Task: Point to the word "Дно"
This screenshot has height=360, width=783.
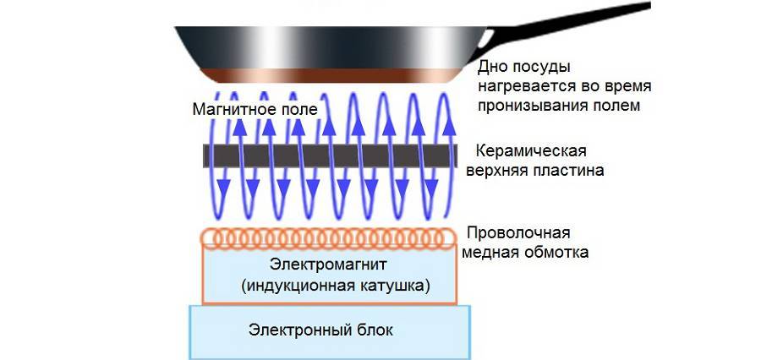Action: pos(492,67)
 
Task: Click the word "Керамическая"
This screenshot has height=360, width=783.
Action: pos(532,152)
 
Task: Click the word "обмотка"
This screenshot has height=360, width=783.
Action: pos(559,252)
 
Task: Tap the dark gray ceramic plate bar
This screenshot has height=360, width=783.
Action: pos(330,155)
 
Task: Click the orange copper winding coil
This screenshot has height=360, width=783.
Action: pos(329,238)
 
